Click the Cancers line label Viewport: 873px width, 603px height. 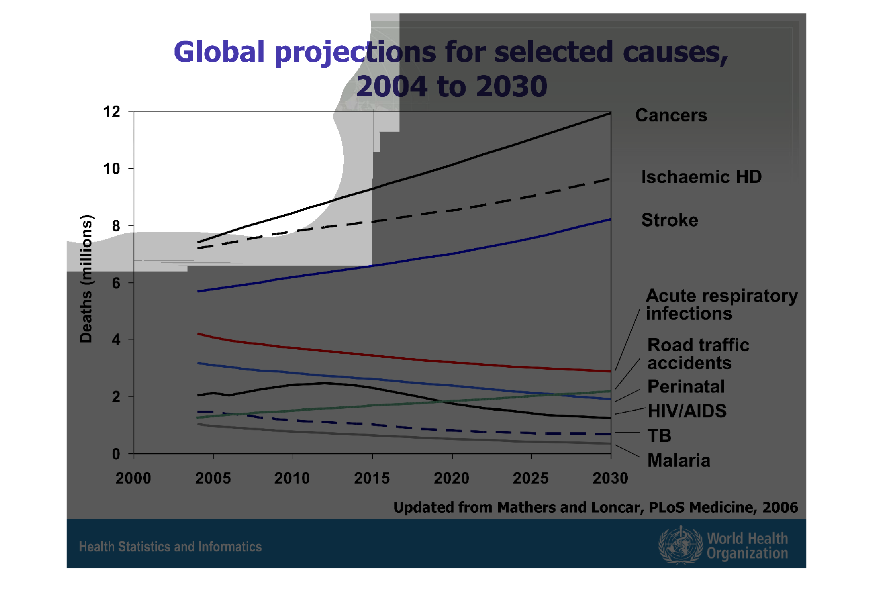(671, 115)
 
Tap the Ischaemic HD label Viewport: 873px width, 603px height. (701, 177)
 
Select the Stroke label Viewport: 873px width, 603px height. (669, 220)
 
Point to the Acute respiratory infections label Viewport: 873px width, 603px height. (721, 305)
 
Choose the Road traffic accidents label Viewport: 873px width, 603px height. (698, 354)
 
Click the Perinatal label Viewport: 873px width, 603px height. (686, 387)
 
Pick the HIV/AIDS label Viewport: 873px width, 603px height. (687, 411)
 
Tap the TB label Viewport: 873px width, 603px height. (659, 436)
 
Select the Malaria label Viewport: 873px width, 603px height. (679, 460)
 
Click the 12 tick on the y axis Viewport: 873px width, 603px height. (111, 112)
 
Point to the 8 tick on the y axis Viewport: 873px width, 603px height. (116, 226)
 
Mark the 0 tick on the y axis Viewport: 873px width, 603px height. (116, 454)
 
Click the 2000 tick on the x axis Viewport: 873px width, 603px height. (133, 478)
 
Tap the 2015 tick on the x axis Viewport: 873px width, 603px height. (371, 478)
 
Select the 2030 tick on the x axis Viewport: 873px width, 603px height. (610, 478)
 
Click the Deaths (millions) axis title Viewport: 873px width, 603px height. (86, 279)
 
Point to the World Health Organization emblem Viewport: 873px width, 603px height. (680, 545)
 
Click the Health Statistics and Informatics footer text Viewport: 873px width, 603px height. (170, 547)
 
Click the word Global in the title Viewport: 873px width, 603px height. (219, 52)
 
